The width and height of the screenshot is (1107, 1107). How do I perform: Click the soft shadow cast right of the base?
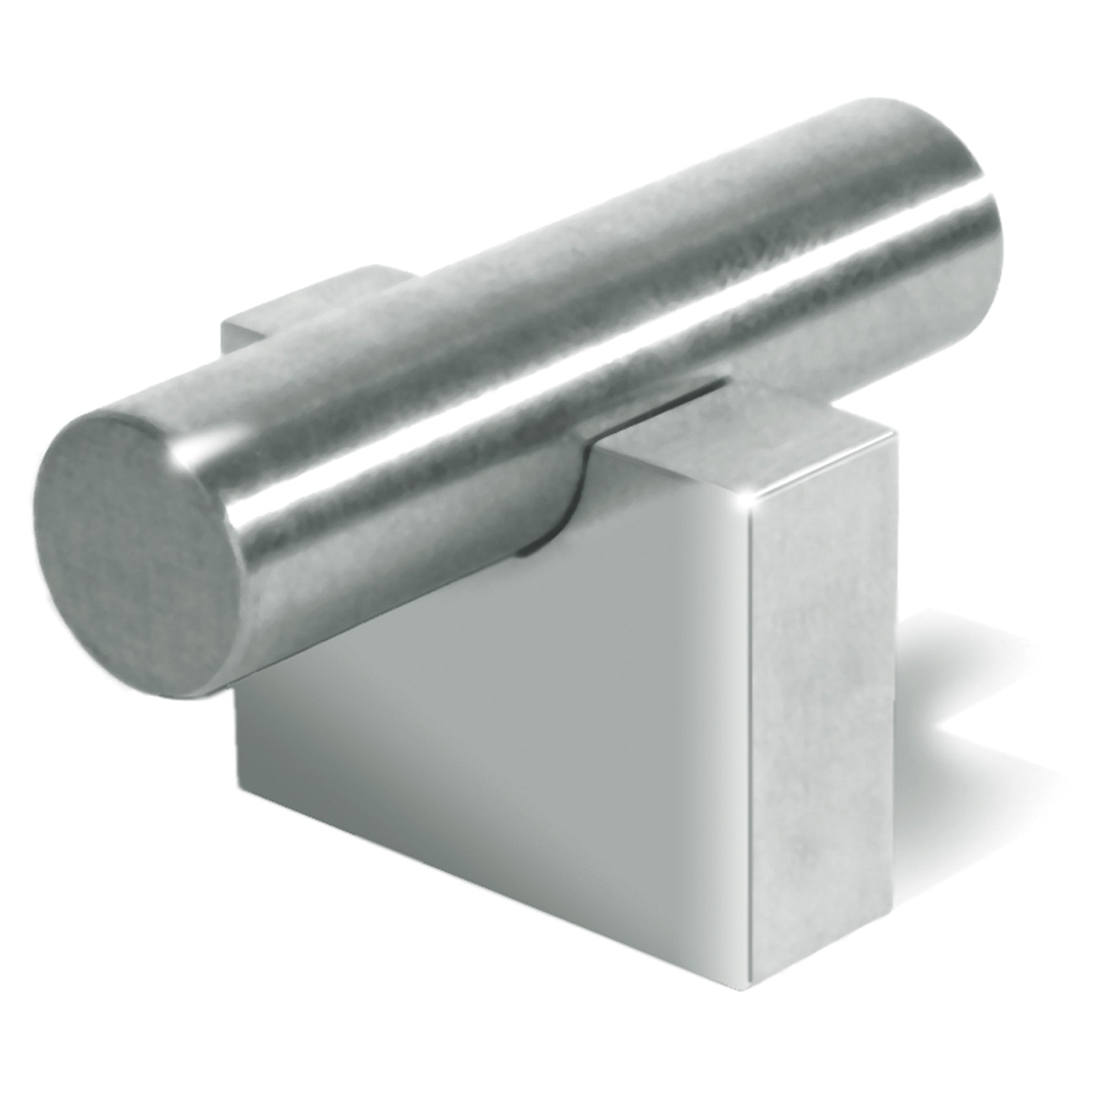click(x=974, y=716)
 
